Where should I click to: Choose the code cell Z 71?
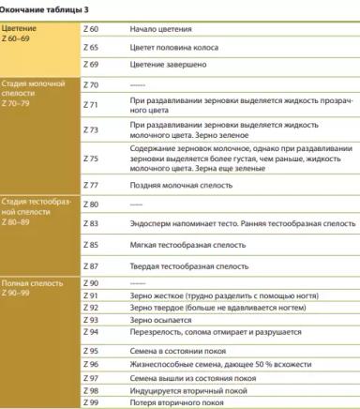(x=91, y=103)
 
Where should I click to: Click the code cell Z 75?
(x=91, y=159)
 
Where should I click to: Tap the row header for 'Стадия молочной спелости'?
(x=34, y=95)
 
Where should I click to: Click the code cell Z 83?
(x=91, y=224)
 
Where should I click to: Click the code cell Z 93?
(x=91, y=320)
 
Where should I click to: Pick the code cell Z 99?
(x=91, y=401)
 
